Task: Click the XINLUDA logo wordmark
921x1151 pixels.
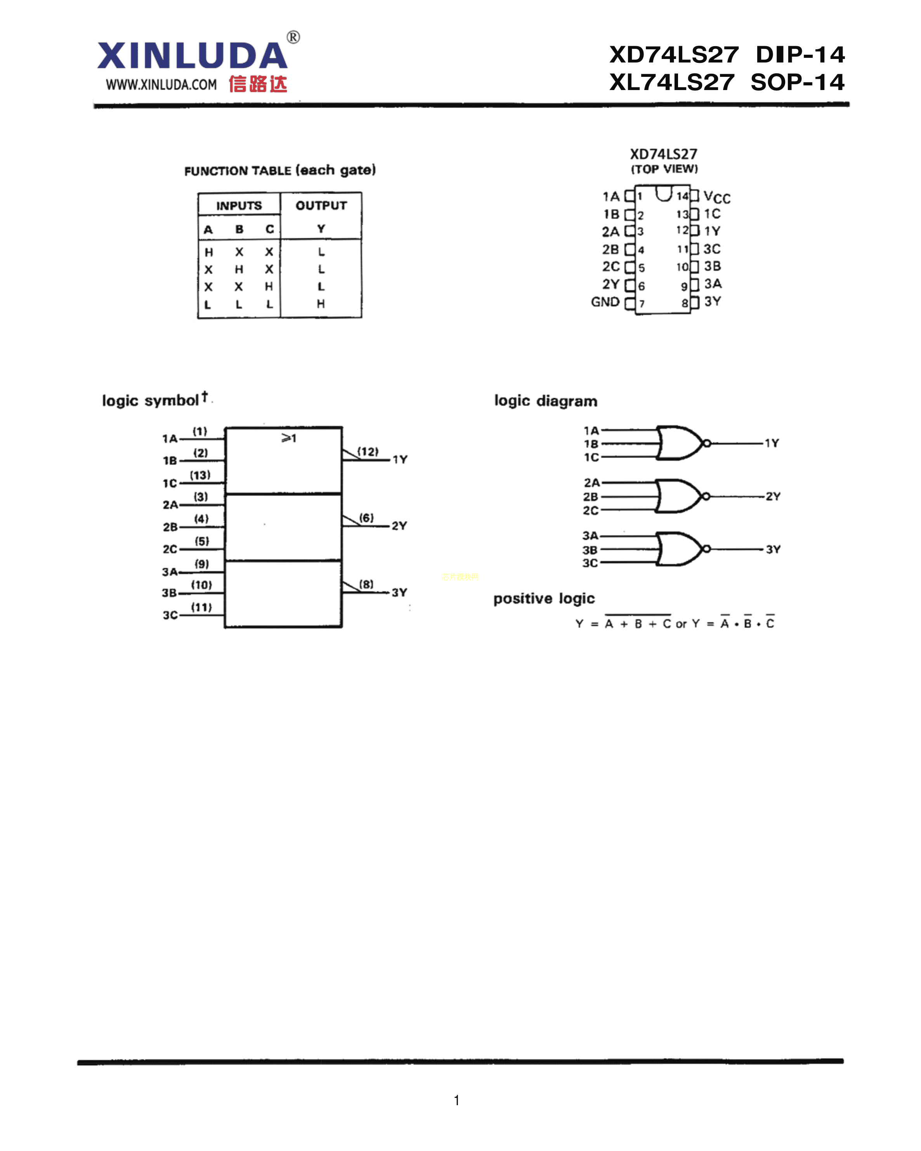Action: [192, 56]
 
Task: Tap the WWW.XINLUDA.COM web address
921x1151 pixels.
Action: [161, 84]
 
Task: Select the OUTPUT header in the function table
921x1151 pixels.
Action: [321, 206]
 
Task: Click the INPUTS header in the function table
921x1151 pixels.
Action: [239, 206]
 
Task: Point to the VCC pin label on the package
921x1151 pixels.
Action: [716, 198]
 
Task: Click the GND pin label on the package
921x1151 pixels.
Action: [605, 302]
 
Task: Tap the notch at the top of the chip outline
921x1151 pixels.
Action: [664, 193]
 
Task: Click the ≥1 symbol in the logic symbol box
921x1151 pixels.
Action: [288, 438]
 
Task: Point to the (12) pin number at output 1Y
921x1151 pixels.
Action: [368, 452]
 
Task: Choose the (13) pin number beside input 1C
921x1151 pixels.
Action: [200, 475]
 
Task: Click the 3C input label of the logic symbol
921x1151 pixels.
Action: [170, 615]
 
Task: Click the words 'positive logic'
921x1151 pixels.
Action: [543, 598]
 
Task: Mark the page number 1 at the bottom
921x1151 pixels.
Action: [456, 1100]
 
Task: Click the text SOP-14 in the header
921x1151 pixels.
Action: [797, 82]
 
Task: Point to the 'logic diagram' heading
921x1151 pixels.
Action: [546, 401]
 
